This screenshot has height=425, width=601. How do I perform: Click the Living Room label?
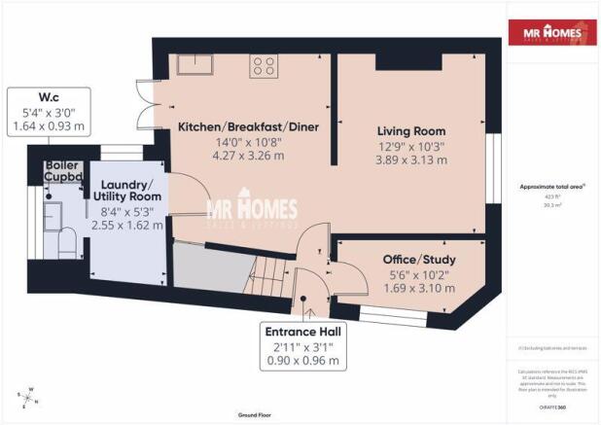pos(411,131)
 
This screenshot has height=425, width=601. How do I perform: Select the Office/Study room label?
pos(419,260)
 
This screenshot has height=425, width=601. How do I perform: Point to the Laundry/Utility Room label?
pos(127,191)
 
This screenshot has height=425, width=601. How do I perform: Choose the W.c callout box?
pos(49,111)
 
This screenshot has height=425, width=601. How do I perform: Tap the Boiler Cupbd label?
pos(61,171)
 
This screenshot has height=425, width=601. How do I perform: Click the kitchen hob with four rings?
pos(264,66)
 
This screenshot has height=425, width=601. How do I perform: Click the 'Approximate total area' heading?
pos(550,186)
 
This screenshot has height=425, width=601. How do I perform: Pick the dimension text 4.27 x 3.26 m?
pos(250,156)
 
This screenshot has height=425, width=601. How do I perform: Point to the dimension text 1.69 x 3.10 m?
pos(419,289)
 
